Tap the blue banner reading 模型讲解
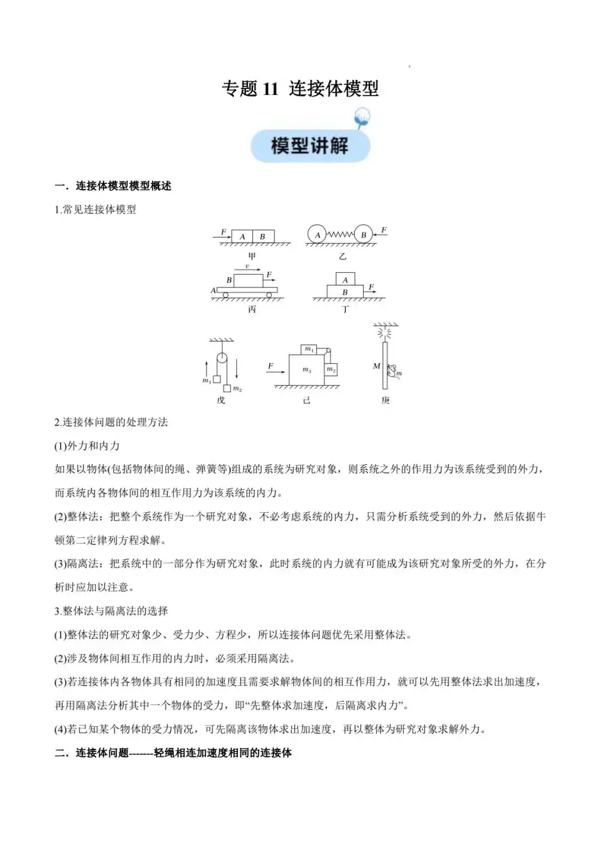coord(310,145)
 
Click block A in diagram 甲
coord(242,236)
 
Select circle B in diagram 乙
coord(364,235)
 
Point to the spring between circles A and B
coord(340,235)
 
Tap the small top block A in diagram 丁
coord(345,280)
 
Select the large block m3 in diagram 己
coord(307,370)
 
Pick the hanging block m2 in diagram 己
coord(331,369)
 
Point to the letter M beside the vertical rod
coord(376,366)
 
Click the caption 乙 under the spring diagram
coord(343,257)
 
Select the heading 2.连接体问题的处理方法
coord(111,422)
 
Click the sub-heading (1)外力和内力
coord(87,445)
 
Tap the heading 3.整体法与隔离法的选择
coord(111,611)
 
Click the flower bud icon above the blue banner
coord(362,117)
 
